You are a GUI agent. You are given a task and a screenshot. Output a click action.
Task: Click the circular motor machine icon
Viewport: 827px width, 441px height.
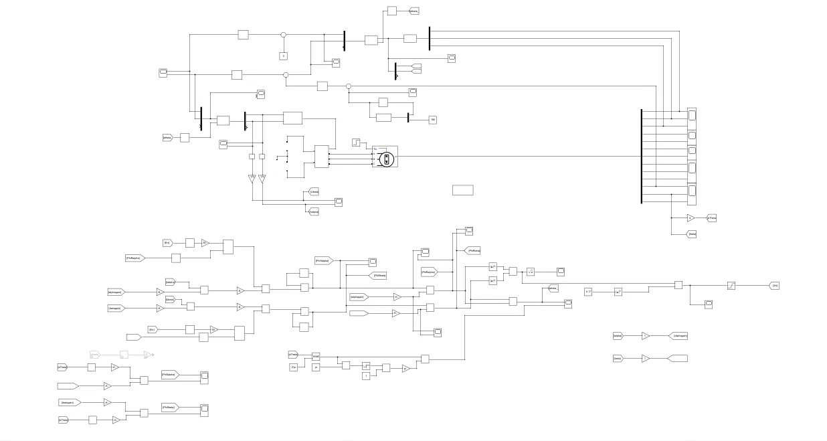[x=386, y=159]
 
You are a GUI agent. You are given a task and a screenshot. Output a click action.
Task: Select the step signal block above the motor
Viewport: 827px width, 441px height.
[x=357, y=142]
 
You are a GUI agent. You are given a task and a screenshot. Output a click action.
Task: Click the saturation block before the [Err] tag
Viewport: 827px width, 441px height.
[x=732, y=286]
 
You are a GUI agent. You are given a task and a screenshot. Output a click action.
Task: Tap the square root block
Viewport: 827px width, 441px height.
[x=530, y=272]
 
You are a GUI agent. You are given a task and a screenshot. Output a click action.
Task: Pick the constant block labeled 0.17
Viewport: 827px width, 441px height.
[x=589, y=292]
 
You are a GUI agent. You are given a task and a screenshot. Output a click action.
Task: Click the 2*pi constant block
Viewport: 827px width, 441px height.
[x=293, y=367]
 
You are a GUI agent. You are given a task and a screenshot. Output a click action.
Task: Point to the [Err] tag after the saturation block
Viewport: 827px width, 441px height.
[x=774, y=286]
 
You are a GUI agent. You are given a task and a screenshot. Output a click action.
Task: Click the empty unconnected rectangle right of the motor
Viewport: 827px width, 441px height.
[x=462, y=190]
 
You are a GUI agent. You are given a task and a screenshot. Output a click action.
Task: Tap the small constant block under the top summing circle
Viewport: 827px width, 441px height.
[x=283, y=56]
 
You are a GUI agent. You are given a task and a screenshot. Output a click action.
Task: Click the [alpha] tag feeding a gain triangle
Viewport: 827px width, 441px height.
[x=618, y=336]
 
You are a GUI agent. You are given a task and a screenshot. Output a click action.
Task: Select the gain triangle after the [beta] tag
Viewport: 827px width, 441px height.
[x=645, y=359]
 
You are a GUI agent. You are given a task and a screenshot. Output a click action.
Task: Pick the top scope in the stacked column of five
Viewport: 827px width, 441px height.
[x=692, y=115]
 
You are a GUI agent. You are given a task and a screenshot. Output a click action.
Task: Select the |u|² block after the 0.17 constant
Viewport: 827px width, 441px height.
[x=618, y=292]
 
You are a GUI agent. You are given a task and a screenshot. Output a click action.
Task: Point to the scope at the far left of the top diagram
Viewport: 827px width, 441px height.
[x=163, y=72]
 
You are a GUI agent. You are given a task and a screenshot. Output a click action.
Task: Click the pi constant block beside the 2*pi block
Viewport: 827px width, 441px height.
[x=316, y=367]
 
